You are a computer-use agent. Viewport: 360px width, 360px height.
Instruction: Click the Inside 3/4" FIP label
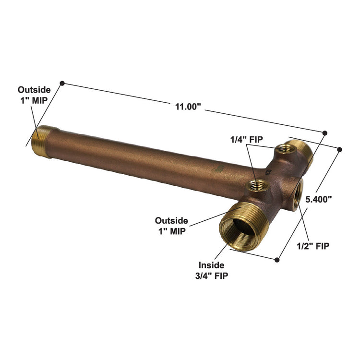pyautogui.click(x=213, y=270)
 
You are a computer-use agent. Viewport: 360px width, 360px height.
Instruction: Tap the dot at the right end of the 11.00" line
pyautogui.click(x=325, y=132)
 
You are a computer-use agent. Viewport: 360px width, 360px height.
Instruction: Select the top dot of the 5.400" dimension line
pyautogui.click(x=339, y=150)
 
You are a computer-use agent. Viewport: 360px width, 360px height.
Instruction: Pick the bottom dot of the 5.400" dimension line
pyautogui.click(x=277, y=260)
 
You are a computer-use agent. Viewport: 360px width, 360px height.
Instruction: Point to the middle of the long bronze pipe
pyautogui.click(x=144, y=159)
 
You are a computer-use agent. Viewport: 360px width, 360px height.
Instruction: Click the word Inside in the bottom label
pyautogui.click(x=212, y=265)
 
